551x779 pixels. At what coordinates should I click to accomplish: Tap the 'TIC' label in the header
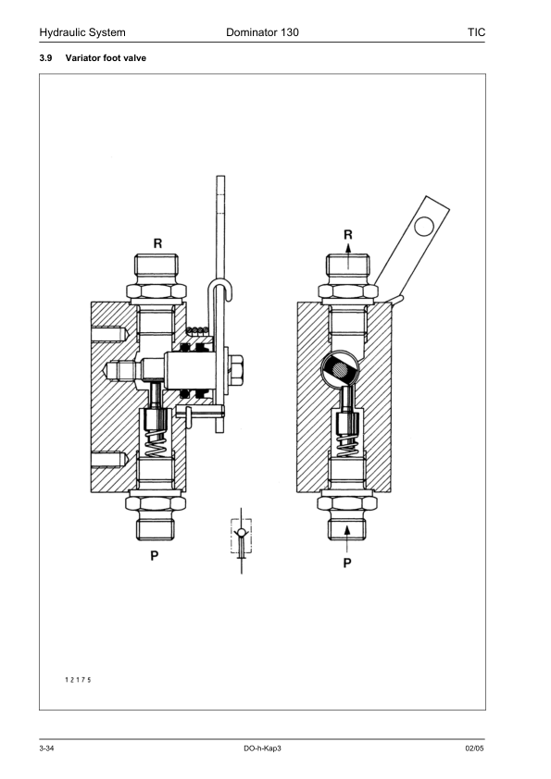tap(477, 32)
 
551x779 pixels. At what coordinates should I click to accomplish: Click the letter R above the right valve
tap(348, 236)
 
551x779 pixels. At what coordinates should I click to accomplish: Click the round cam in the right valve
tap(337, 370)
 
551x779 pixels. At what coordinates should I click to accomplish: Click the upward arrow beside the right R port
tap(348, 263)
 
